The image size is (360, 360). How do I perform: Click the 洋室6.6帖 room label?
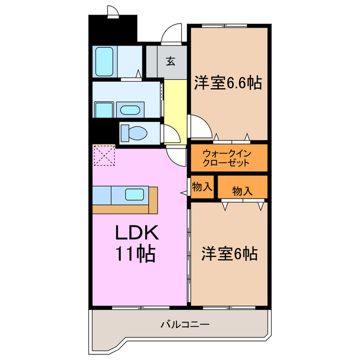(x=228, y=84)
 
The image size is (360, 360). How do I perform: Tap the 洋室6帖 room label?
(x=229, y=254)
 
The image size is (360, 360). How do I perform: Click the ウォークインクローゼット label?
(x=227, y=157)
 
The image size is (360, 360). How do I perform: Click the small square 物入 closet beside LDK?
(x=202, y=187)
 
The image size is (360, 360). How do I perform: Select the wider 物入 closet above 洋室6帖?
(x=242, y=191)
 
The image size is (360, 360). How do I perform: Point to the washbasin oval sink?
(x=132, y=109)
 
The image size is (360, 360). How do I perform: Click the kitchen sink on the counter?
(x=134, y=195)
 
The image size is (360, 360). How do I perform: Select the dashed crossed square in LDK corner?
(x=104, y=156)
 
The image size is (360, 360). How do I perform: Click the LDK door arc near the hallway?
(x=176, y=156)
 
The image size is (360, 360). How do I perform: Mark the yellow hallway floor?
(x=173, y=107)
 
